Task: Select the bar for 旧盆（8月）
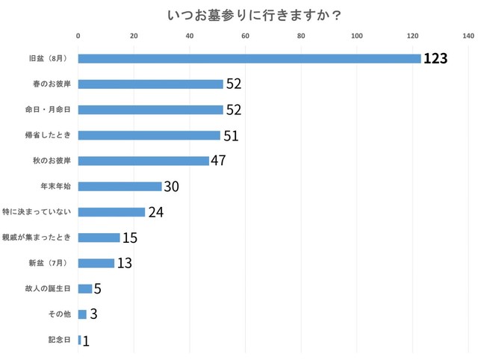pos(249,58)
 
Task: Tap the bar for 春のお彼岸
pos(150,84)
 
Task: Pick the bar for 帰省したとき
pos(149,135)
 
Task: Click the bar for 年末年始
pos(119,187)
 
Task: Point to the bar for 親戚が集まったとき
pos(99,238)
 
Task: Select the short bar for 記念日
pos(79,340)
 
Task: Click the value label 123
pos(435,59)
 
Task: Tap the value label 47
pos(218,161)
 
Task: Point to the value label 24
pos(155,212)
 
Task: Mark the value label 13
pos(125,263)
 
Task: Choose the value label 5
pos(98,289)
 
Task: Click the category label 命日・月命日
pos(48,110)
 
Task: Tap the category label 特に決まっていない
pos(42,212)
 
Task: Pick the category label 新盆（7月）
pos(51,263)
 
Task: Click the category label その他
pos(60,314)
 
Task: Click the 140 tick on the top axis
pos(468,35)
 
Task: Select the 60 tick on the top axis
pos(245,35)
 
